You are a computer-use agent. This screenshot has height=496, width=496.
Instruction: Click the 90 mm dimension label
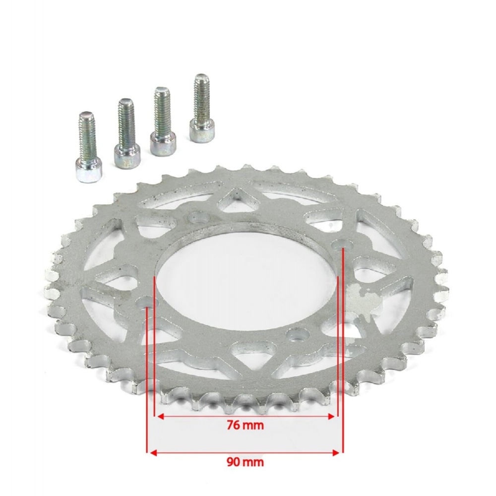point(245,462)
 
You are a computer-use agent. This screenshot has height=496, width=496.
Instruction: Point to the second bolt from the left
point(127,133)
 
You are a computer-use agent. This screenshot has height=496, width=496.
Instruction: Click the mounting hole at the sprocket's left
point(148,303)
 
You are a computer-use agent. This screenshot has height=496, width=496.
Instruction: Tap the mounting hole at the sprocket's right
point(343,245)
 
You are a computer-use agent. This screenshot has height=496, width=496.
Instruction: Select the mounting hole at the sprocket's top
point(199,218)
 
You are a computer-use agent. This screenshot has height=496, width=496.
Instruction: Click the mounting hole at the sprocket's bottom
point(297,334)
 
